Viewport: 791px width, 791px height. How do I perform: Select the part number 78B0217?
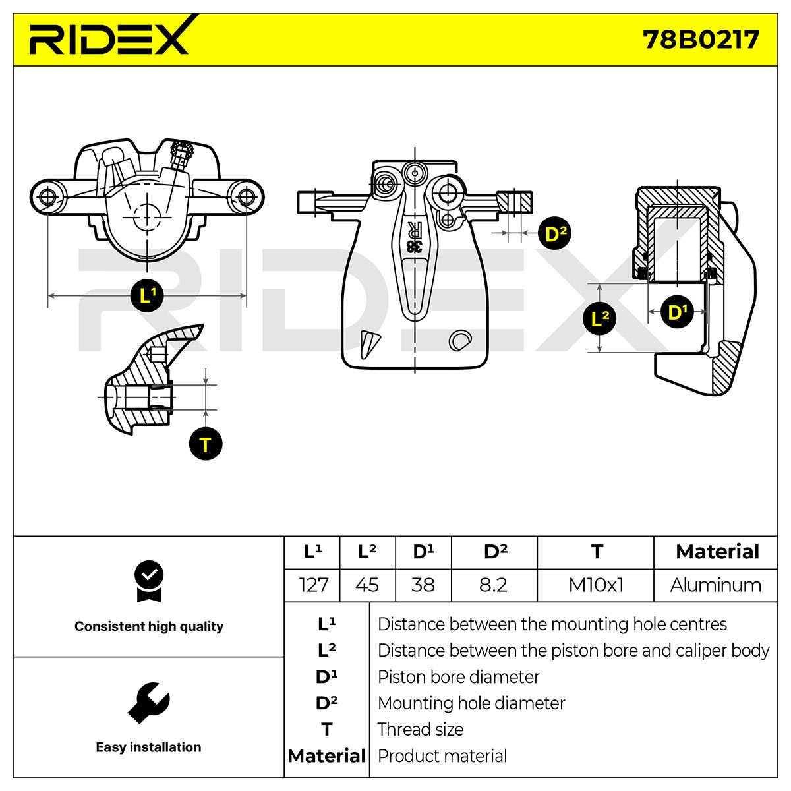700,40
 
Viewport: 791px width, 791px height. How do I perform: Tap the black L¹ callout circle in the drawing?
147,295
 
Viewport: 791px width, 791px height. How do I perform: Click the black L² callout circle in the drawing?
599,318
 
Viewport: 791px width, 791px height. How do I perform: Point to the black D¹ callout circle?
678,312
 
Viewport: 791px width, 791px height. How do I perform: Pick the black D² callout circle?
554,233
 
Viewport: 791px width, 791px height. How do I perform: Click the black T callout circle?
206,444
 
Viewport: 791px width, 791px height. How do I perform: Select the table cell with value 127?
313,585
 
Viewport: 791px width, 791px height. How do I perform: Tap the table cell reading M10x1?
596,585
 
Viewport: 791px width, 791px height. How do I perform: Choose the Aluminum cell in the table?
715,585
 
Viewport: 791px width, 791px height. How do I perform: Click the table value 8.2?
494,585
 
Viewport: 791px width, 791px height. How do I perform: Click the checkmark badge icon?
149,581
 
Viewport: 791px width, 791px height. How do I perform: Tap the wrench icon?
148,702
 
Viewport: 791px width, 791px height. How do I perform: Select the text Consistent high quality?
149,626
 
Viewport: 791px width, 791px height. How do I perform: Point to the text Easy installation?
148,747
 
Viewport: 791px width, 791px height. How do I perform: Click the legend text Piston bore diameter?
458,677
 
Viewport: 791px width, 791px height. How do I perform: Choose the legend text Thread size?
421,730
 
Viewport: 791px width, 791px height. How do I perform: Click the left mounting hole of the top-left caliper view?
48,197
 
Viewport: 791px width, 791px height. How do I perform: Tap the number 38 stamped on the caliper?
414,246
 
